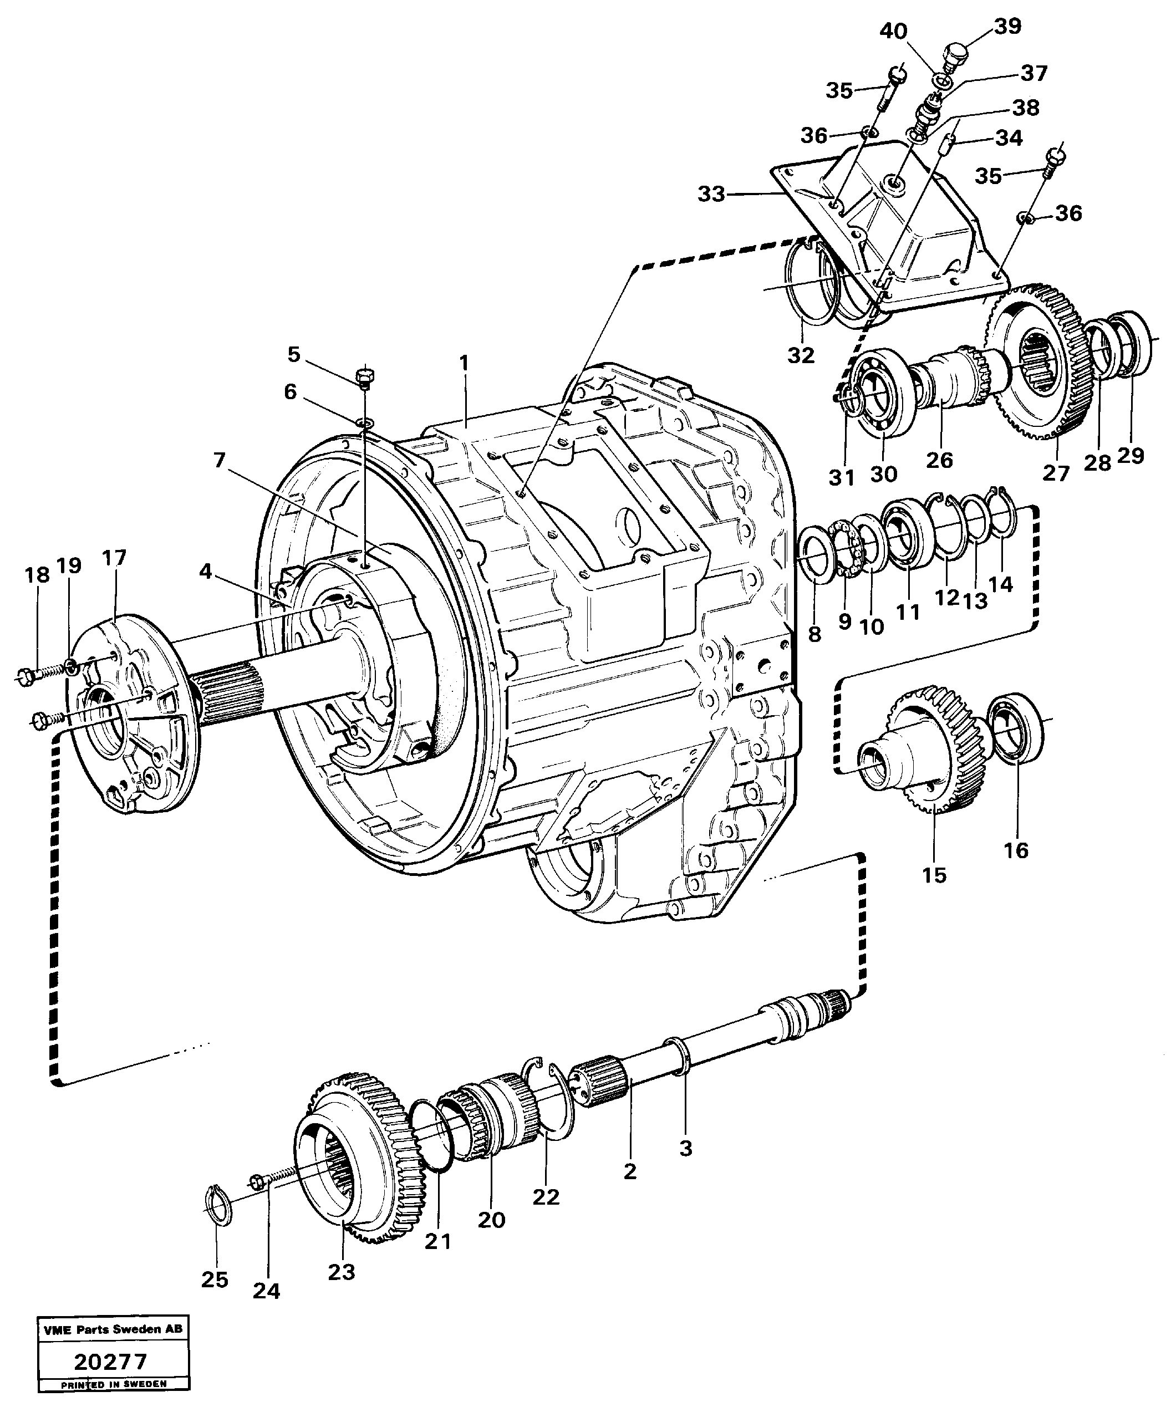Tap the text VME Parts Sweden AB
coord(113,1329)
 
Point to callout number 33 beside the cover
coord(711,195)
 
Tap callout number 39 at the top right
coord(1007,26)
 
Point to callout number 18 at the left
coord(38,575)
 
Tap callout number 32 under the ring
coord(801,355)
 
